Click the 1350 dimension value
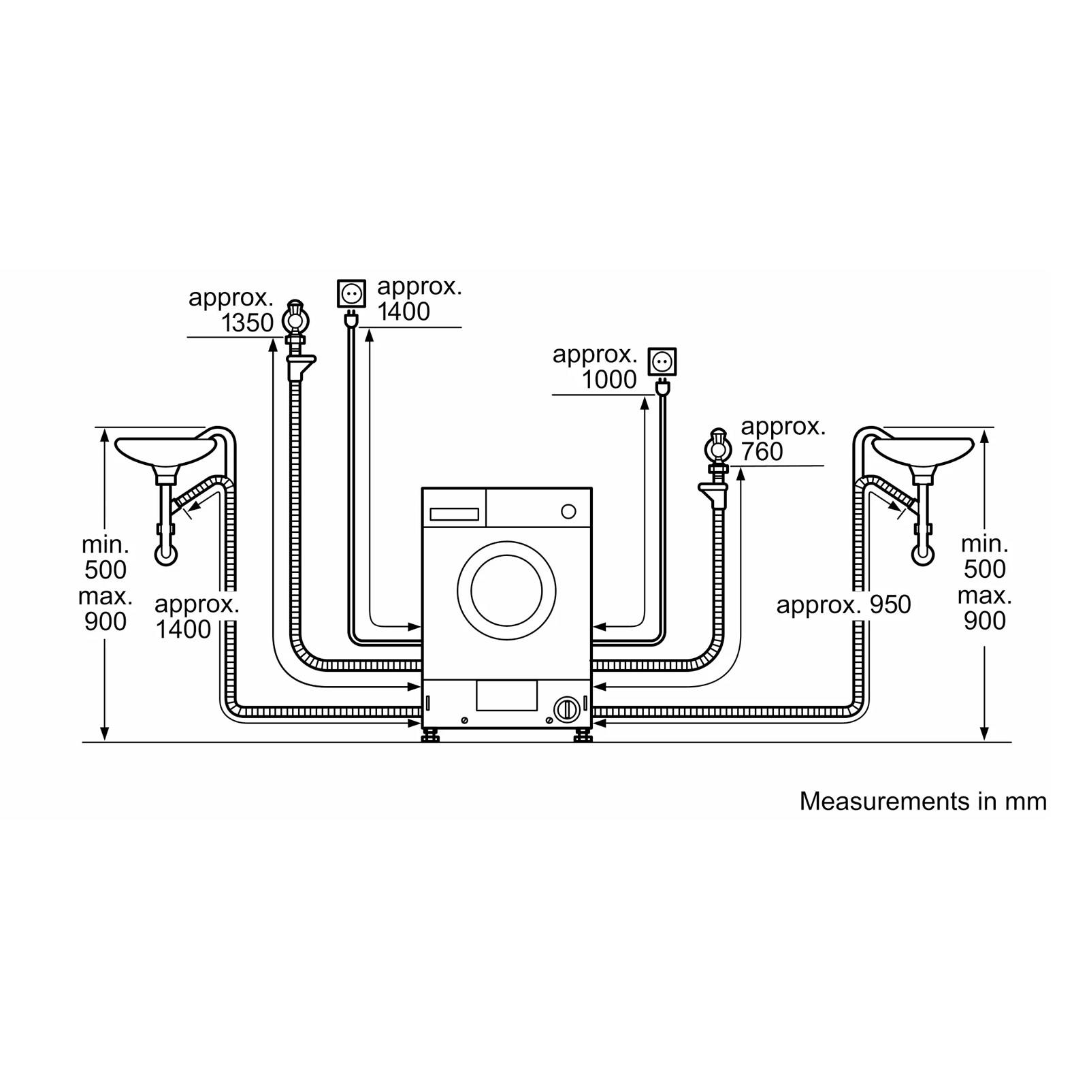(248, 323)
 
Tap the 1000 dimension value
(609, 380)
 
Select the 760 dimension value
(762, 451)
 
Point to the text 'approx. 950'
(843, 604)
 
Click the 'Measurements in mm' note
(923, 801)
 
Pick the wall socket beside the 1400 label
(351, 294)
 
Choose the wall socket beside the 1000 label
(662, 361)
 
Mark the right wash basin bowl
(923, 451)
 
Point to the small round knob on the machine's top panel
(568, 511)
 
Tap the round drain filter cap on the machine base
(566, 710)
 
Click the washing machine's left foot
(431, 735)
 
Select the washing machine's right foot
(583, 735)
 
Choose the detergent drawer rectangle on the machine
(455, 515)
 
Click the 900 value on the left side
(105, 621)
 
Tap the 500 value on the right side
(985, 569)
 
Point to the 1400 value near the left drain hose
(183, 630)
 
